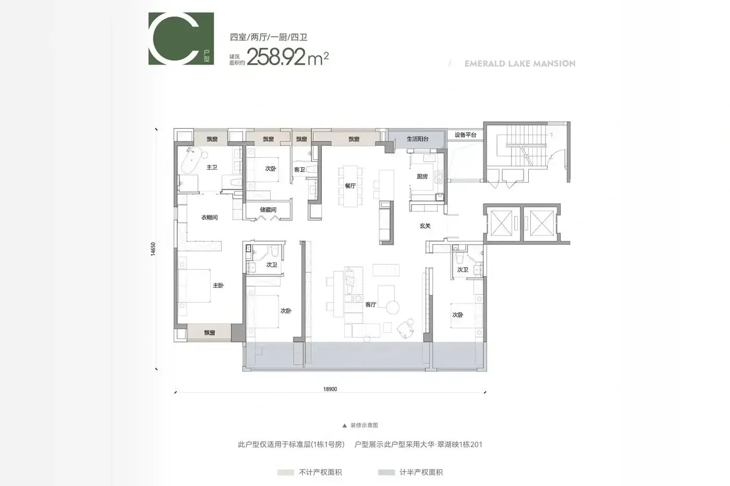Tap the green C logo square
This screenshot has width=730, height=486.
(181, 39)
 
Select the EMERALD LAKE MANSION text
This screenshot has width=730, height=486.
(520, 64)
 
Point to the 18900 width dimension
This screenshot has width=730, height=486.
(330, 389)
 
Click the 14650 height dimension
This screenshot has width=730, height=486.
(153, 249)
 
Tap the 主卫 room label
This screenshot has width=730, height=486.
(212, 167)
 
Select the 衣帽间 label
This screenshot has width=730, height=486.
(209, 217)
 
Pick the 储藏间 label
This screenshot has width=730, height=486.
(268, 210)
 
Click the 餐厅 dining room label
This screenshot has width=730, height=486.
(350, 185)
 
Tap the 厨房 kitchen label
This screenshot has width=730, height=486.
(422, 177)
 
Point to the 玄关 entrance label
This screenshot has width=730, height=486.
(425, 226)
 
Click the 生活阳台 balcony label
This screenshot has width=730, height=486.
(418, 139)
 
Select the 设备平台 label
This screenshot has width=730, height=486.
(465, 135)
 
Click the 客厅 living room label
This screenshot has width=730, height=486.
(371, 304)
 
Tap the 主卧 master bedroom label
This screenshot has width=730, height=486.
(218, 285)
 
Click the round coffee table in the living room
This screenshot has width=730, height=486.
(393, 307)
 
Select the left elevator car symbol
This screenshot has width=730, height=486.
(501, 223)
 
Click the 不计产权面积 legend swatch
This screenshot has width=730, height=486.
(286, 472)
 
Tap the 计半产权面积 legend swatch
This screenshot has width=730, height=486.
(386, 472)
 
